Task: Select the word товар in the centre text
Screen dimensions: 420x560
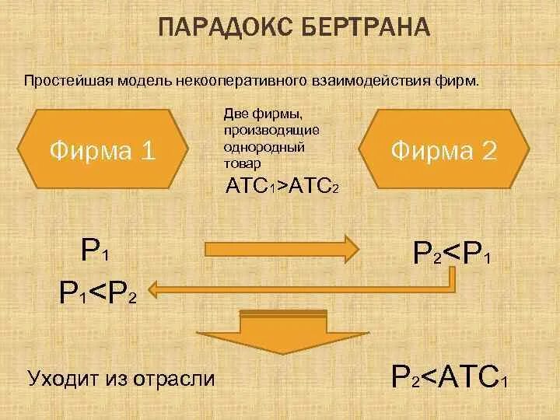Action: tap(242, 165)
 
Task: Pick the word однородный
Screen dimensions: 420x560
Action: tap(261, 147)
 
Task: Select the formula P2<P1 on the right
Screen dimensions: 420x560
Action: tap(452, 253)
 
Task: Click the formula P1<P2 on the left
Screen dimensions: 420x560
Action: tap(99, 292)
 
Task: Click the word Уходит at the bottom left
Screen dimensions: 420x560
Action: tap(61, 379)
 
